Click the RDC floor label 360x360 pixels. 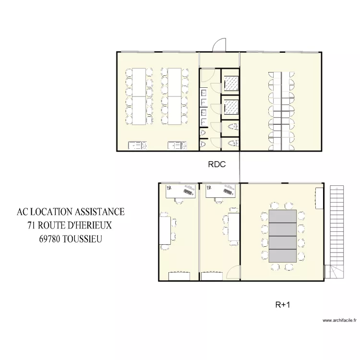[216, 165]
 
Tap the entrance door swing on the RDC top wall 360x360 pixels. [219, 45]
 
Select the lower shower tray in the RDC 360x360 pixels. [231, 106]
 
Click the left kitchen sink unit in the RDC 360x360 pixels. [138, 145]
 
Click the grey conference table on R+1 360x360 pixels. [283, 236]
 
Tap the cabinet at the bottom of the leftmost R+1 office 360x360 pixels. [179, 276]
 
